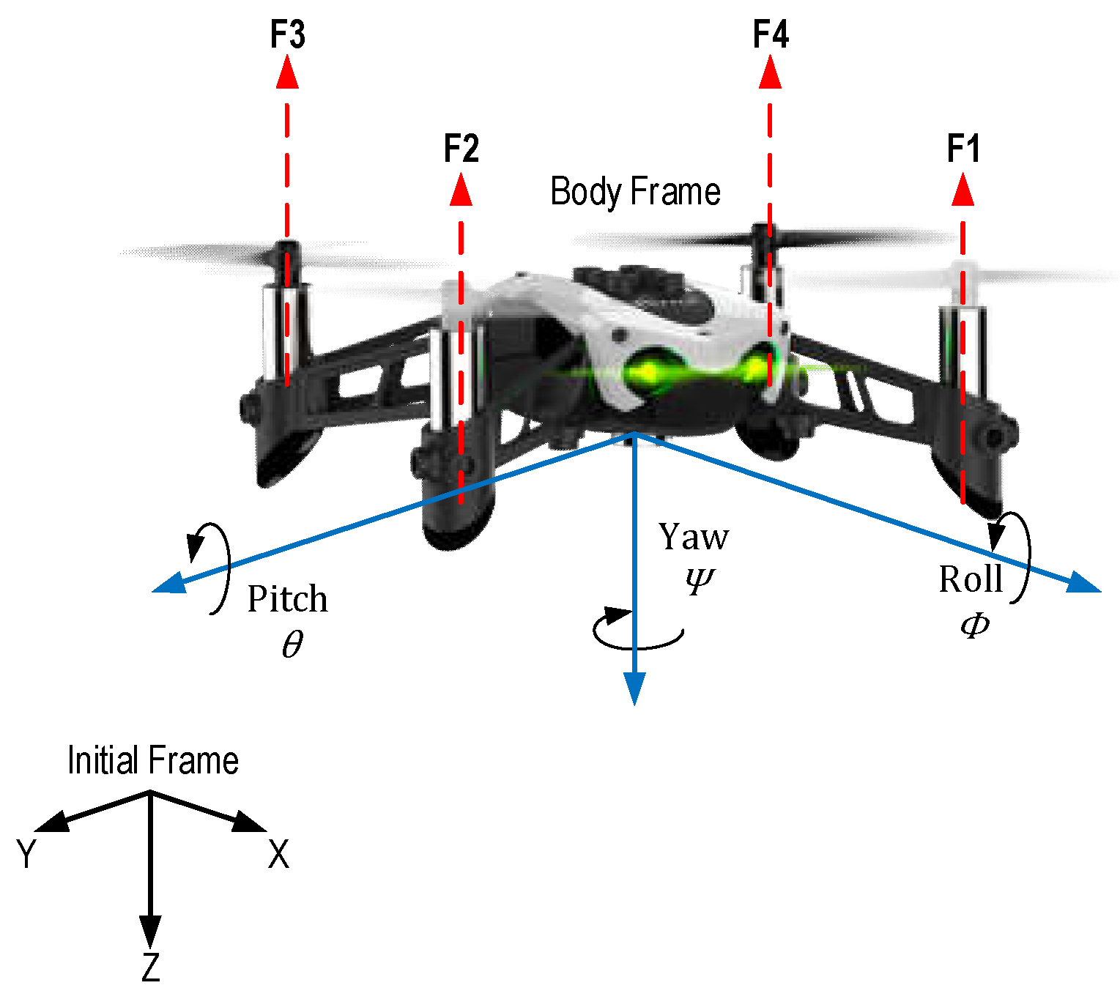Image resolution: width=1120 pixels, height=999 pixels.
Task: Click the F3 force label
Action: [x=287, y=34]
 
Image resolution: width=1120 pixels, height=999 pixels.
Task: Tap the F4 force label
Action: [x=771, y=34]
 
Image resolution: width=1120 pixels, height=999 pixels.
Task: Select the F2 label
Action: [x=461, y=149]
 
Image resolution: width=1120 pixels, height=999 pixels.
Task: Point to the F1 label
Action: [x=963, y=149]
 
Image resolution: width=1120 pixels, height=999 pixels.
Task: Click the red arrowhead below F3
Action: [x=287, y=73]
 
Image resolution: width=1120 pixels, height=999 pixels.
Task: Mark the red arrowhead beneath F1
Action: [x=963, y=190]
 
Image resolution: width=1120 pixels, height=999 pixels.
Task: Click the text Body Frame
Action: [x=635, y=192]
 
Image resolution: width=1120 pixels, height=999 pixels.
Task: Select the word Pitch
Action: [x=287, y=599]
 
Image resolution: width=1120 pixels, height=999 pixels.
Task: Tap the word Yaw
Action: [x=693, y=537]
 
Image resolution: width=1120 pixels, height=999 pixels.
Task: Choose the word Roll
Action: [x=971, y=579]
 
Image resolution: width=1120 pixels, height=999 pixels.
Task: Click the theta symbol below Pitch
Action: [x=292, y=645]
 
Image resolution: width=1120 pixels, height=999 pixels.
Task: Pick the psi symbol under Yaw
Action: [x=699, y=580]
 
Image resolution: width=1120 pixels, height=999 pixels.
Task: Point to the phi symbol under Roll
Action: [x=975, y=625]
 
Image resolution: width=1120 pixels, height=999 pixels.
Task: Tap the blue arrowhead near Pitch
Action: [x=170, y=583]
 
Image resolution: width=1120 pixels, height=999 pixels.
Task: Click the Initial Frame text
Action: [x=152, y=760]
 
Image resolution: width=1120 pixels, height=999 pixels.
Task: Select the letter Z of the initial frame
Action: [x=150, y=968]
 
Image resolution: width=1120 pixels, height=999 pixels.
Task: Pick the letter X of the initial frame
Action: [x=278, y=855]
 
